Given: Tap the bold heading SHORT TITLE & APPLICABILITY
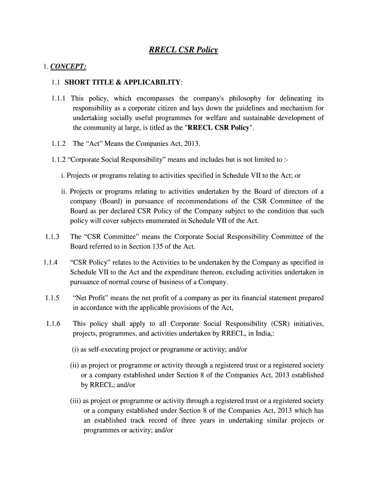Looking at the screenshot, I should (x=122, y=82).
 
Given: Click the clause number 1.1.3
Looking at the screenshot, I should (x=51, y=236).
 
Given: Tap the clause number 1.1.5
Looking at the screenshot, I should (x=51, y=298).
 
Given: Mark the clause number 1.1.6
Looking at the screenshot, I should (x=51, y=324).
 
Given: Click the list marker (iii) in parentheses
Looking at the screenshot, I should (x=76, y=401).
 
